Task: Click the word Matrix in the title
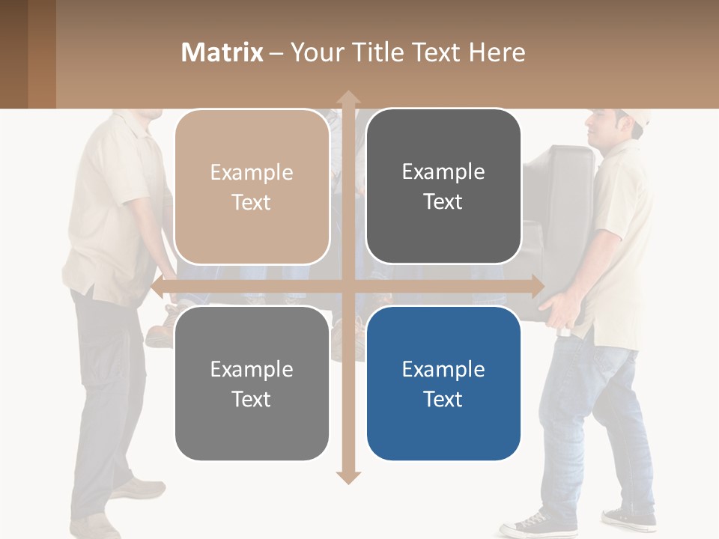click(x=222, y=52)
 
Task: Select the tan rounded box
click(x=252, y=187)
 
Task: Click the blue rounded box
click(x=443, y=383)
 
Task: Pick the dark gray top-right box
click(x=443, y=186)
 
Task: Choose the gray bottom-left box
click(x=252, y=383)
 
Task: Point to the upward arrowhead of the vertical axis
click(x=348, y=97)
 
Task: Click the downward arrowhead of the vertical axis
click(x=348, y=477)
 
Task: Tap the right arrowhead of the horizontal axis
click(x=537, y=286)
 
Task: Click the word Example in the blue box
click(x=443, y=369)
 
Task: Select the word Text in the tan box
click(x=252, y=202)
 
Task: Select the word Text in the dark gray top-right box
click(x=443, y=201)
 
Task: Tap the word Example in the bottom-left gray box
click(x=252, y=369)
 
